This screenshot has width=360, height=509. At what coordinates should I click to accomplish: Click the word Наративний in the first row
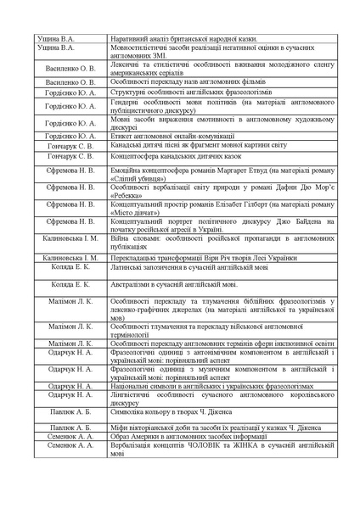(131, 39)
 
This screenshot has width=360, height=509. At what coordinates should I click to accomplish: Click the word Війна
(122, 239)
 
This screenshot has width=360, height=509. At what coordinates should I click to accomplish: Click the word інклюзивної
(280, 343)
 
